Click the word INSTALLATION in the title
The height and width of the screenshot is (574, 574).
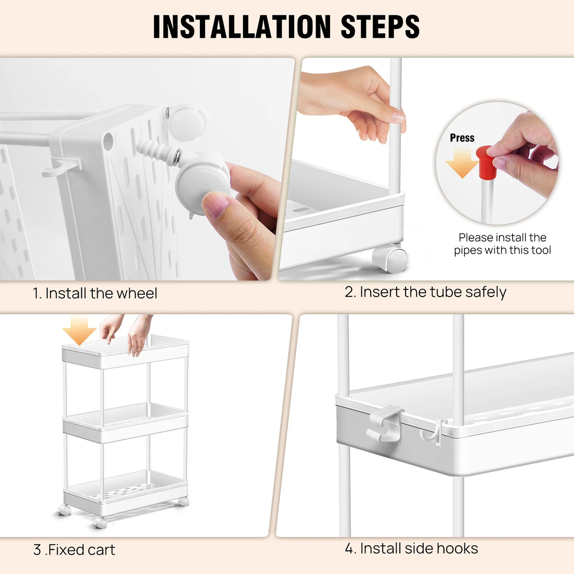(x=242, y=26)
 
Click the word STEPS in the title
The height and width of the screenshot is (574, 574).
(x=380, y=26)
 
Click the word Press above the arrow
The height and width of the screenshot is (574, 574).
(x=462, y=138)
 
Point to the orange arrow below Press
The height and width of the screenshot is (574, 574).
(x=462, y=163)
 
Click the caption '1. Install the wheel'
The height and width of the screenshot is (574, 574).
(x=95, y=293)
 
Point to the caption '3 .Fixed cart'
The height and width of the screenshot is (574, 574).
(x=74, y=550)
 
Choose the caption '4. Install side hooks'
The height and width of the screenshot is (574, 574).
(x=411, y=548)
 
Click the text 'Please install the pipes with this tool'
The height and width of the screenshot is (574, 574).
(x=502, y=243)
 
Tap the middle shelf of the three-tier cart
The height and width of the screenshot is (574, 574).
(x=125, y=423)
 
